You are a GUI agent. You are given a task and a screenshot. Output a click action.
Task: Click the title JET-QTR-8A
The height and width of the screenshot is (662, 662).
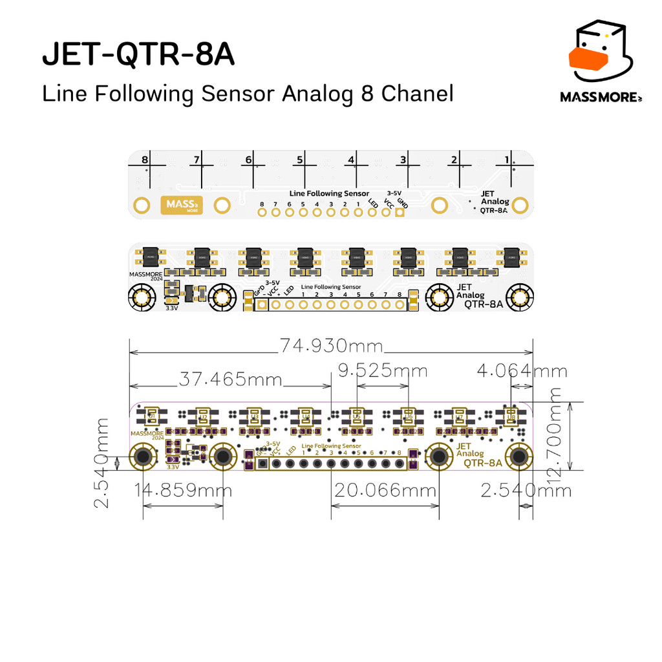(138, 56)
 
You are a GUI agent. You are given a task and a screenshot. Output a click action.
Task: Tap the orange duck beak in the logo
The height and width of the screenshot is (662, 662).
(589, 58)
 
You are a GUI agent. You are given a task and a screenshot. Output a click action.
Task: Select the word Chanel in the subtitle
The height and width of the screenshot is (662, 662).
(417, 94)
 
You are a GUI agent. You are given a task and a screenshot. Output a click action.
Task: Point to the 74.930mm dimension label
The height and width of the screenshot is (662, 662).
(331, 346)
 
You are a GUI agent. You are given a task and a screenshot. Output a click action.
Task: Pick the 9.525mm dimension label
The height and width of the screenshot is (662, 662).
(383, 371)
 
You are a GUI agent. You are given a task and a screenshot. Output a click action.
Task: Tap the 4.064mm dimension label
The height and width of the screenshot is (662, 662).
(522, 371)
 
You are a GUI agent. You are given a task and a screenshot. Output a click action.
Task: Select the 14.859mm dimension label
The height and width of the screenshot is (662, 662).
(183, 491)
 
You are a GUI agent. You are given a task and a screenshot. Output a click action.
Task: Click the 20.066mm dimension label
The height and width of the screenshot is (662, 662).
(385, 491)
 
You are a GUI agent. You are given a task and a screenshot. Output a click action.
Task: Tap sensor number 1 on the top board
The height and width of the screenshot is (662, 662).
(507, 160)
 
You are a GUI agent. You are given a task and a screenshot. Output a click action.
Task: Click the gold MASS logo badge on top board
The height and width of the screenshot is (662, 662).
(180, 205)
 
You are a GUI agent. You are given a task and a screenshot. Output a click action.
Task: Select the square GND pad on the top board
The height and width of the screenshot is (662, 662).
(400, 212)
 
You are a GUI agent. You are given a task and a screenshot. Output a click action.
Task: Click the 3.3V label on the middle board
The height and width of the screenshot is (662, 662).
(172, 308)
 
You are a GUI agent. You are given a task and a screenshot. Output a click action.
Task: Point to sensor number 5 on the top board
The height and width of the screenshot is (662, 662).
(300, 160)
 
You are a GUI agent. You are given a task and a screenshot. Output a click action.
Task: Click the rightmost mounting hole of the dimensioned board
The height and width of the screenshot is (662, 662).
(518, 457)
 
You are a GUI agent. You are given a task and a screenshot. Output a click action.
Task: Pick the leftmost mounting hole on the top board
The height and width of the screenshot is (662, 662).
(142, 206)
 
